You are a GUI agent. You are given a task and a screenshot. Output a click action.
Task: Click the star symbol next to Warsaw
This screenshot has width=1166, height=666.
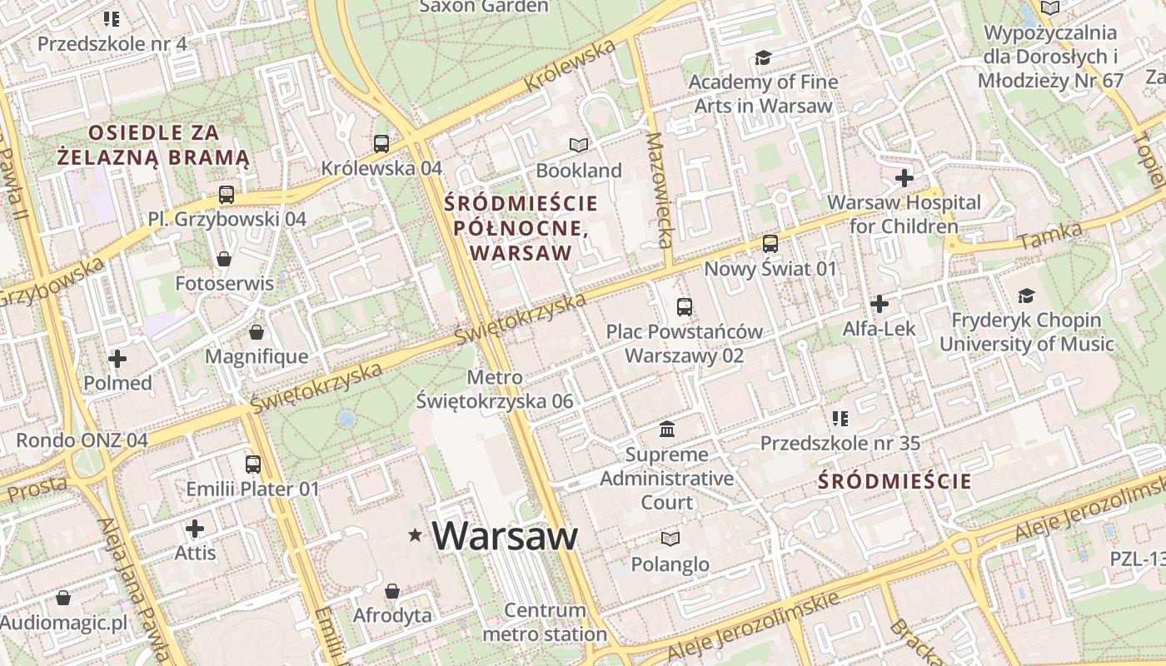click(x=416, y=535)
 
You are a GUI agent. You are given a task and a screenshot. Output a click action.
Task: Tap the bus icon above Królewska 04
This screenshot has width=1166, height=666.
click(x=381, y=143)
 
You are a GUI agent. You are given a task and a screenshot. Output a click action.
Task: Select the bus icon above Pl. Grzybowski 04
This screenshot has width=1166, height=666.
click(x=227, y=195)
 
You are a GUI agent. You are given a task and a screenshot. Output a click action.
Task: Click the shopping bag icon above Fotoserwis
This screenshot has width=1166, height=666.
click(x=224, y=259)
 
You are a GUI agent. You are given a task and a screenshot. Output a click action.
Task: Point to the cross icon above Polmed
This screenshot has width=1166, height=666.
click(x=117, y=359)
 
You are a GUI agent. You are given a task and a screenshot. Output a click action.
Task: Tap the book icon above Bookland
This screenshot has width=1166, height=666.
click(x=579, y=146)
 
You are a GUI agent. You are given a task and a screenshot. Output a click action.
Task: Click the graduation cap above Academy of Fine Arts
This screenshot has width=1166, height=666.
click(x=763, y=57)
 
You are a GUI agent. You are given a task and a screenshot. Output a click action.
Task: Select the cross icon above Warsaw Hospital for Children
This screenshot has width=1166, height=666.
click(x=904, y=177)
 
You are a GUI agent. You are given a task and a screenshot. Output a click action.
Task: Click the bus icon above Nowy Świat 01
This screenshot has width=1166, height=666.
click(x=770, y=244)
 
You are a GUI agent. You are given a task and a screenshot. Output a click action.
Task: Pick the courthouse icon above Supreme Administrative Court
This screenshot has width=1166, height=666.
click(x=667, y=430)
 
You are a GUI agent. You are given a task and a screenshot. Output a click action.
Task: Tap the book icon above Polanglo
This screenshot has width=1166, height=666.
click(x=670, y=539)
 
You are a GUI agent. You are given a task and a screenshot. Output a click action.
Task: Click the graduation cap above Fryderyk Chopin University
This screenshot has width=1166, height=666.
click(x=1026, y=296)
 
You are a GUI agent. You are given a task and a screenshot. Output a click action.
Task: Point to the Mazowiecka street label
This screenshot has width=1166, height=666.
click(x=658, y=190)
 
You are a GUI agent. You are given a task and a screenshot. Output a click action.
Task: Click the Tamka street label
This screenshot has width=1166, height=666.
click(x=1050, y=236)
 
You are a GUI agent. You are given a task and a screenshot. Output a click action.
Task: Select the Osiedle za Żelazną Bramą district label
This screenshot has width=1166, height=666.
click(x=154, y=145)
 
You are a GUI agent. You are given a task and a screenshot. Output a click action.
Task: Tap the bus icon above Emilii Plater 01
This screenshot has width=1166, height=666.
click(x=253, y=464)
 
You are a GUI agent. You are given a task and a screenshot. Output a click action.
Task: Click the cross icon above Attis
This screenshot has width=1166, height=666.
click(x=195, y=529)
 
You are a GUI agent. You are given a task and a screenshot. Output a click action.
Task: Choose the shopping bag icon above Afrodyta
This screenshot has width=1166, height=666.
click(x=392, y=591)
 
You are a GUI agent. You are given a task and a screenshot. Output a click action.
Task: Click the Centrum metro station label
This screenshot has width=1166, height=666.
click(x=546, y=622)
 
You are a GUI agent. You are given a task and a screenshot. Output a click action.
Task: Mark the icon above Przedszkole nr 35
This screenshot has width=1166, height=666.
click(x=840, y=418)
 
